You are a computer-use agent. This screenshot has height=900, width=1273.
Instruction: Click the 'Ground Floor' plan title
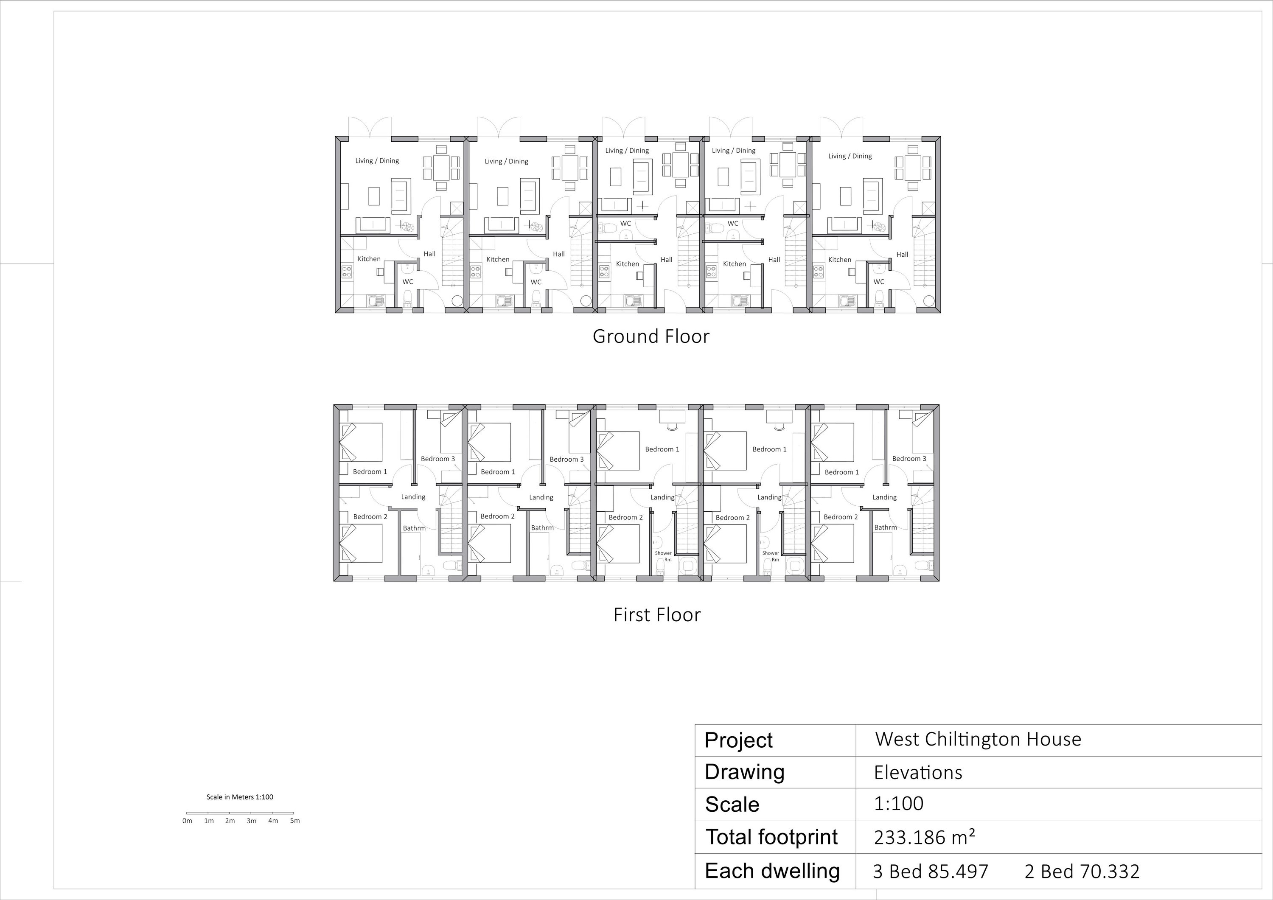651,336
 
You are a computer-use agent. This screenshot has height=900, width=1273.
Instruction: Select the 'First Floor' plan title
657,615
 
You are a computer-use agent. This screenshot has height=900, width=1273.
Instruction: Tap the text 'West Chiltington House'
978,739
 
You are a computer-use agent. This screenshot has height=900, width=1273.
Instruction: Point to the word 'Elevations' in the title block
918,772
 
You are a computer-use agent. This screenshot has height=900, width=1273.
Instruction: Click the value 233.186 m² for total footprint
924,837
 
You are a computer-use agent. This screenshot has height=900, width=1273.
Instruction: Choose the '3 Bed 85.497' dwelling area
931,872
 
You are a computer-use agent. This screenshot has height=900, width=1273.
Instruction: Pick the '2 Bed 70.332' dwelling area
1082,872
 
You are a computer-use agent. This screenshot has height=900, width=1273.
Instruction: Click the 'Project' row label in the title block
738,740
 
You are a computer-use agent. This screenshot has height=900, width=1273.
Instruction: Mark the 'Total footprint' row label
771,837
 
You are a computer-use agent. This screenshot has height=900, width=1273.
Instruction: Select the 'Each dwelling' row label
772,871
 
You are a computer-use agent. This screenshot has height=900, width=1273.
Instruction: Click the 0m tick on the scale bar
188,813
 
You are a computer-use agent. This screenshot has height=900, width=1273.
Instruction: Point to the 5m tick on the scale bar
294,813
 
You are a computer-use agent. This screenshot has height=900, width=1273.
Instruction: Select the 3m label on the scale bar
252,821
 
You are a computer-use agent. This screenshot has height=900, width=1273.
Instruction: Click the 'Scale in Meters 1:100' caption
240,797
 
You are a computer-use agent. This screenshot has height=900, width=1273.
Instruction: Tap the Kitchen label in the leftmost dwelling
369,259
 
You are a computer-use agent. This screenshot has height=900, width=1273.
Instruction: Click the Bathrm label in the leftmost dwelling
414,528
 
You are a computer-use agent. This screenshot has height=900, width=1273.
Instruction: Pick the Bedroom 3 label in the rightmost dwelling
909,459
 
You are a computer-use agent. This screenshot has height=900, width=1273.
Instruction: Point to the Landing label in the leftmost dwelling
413,497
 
